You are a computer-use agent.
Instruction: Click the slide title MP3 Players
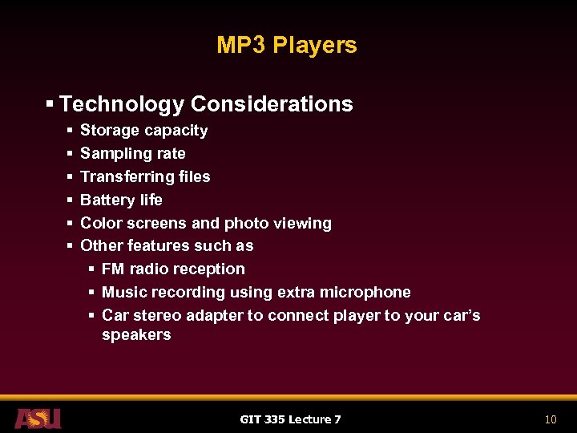(x=286, y=45)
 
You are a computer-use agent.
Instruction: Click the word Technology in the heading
(x=122, y=104)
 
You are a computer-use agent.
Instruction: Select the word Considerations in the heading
(x=272, y=104)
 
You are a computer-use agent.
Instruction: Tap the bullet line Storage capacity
(x=143, y=131)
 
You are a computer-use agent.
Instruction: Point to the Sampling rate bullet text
(x=132, y=153)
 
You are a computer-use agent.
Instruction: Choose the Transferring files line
(x=145, y=176)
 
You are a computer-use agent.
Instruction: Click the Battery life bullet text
(x=121, y=200)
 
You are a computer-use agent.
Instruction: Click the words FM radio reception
(x=173, y=269)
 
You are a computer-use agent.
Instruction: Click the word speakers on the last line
(x=136, y=334)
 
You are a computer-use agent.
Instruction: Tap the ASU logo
(x=38, y=418)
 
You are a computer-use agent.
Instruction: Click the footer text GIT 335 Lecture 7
(x=290, y=419)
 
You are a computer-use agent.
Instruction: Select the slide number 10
(x=550, y=419)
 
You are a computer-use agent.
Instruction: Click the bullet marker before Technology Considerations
(x=50, y=104)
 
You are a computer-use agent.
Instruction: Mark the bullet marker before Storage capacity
(x=71, y=131)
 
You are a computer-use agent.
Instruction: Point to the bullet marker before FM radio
(x=92, y=269)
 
